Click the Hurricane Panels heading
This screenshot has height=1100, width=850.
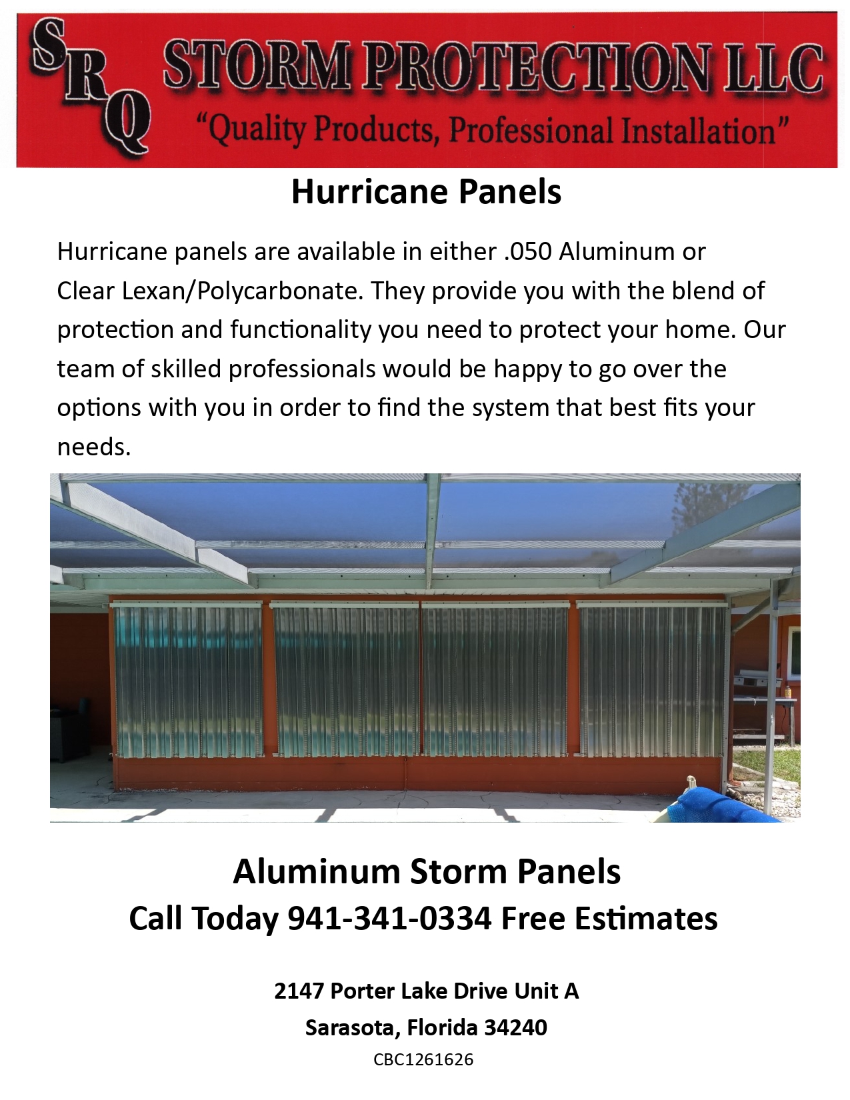[426, 192]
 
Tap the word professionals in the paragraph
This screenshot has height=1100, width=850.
[302, 369]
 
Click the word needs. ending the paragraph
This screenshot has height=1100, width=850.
[93, 447]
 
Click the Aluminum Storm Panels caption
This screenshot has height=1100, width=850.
[426, 872]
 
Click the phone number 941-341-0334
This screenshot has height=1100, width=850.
[389, 919]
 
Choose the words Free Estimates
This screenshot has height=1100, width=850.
[609, 919]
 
